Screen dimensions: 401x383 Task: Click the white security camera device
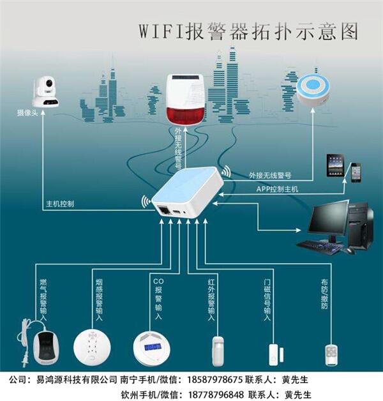pyautogui.click(x=44, y=92)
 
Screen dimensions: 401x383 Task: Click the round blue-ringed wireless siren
pyautogui.click(x=313, y=91)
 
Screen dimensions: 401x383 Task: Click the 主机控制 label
pyautogui.click(x=60, y=204)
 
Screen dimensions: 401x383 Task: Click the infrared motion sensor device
pyautogui.click(x=216, y=350)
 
